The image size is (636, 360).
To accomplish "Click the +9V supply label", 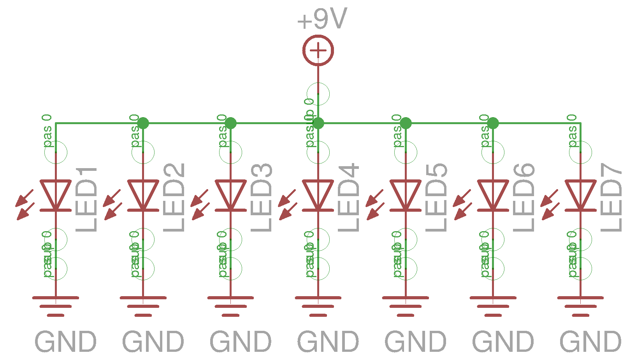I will coord(322,19).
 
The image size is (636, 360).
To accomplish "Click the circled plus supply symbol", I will coord(318,50).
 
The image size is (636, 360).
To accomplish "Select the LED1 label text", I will coord(86,199).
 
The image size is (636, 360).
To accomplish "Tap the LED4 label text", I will coord(348,198).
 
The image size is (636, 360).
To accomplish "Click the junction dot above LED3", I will coord(230,123).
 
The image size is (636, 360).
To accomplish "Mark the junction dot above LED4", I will coord(318,123).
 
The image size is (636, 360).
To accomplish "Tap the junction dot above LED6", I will coord(493,123).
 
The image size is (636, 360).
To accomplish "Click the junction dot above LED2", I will coord(143,123).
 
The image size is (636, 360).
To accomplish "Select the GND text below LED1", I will coord(66,342).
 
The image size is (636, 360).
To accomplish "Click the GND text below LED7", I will coord(590,342).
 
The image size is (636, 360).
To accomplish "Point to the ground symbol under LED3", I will coord(230,306).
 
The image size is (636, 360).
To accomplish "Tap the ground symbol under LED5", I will coord(406,306).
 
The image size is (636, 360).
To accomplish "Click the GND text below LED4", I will coord(328,342).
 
